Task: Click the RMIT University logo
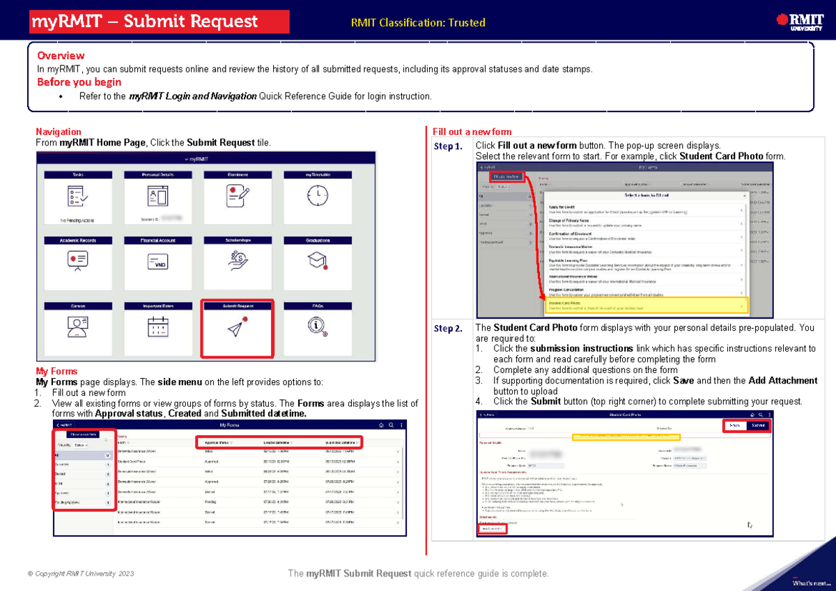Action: (x=794, y=22)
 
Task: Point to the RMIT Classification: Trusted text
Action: (x=418, y=23)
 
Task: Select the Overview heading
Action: (x=61, y=56)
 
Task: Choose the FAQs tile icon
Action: (x=317, y=325)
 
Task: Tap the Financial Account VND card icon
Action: (x=157, y=262)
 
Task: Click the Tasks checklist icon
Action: (x=78, y=196)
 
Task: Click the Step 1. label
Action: (x=448, y=147)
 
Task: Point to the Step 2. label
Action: (x=448, y=329)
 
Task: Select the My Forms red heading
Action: (x=56, y=372)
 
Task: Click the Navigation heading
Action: (x=59, y=132)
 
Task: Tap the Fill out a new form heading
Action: (x=472, y=132)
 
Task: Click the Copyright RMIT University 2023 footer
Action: (x=80, y=574)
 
